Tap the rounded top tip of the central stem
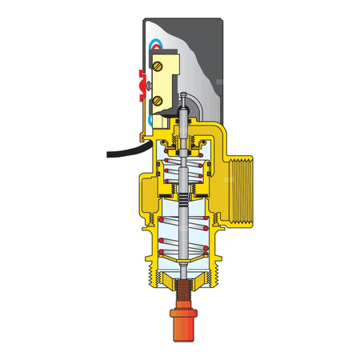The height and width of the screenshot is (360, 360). pos(184,96)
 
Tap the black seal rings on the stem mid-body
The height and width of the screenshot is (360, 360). pos(184,200)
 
